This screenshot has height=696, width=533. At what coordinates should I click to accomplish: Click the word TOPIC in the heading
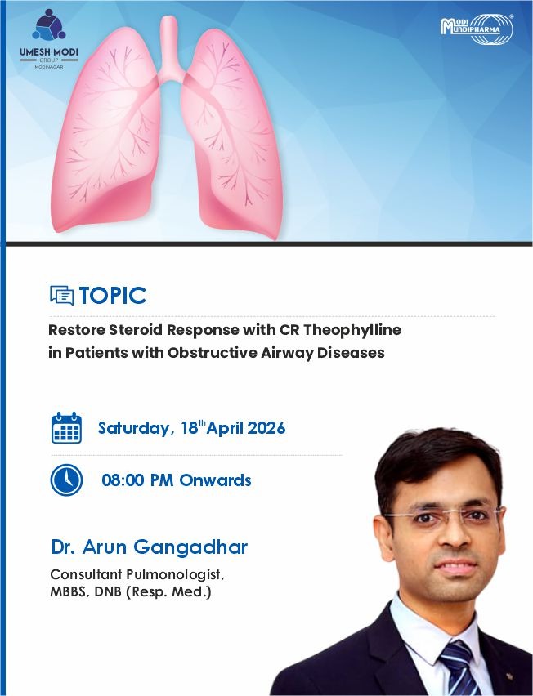[113, 296]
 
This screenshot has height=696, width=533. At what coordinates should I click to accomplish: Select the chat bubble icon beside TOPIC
[62, 295]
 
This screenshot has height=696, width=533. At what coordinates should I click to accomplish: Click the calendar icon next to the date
[67, 427]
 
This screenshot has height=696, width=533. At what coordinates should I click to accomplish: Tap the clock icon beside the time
[67, 480]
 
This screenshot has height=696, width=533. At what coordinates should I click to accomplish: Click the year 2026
[266, 428]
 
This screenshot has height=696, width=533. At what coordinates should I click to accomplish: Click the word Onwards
[216, 480]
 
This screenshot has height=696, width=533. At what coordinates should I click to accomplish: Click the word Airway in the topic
[284, 353]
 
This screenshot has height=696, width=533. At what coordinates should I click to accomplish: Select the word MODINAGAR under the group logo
[49, 67]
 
